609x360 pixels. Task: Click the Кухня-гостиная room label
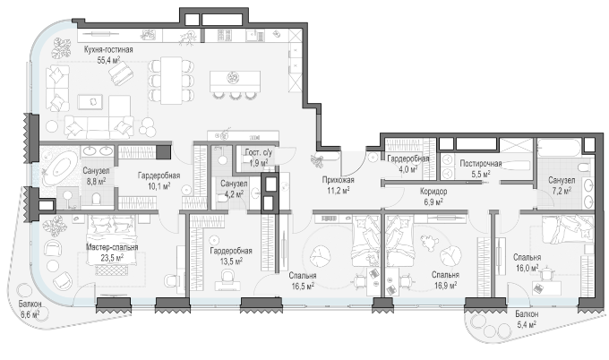pos(108,50)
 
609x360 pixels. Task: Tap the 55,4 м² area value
pos(108,59)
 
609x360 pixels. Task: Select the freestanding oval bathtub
pos(60,167)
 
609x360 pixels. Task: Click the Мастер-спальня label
pos(112,247)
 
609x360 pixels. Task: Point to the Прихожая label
pos(338,180)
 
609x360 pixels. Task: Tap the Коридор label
pos(433,192)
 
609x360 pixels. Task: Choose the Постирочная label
pos(480,164)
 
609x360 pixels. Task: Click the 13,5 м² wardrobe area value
pos(231,261)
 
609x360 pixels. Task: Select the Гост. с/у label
pos(258,152)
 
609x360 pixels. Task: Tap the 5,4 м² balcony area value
pos(527,323)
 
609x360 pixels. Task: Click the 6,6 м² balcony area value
pos(30,314)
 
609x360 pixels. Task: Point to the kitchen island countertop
pos(235,81)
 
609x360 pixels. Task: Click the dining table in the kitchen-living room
pos(171,81)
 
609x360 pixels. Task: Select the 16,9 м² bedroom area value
pos(445,285)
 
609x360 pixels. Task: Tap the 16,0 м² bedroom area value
pos(527,268)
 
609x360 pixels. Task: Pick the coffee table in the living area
pos(90,102)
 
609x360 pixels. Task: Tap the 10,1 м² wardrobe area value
pos(159,186)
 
